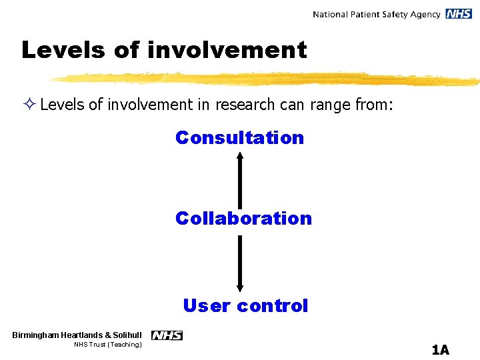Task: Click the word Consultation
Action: pyautogui.click(x=239, y=138)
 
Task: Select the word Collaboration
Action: pyautogui.click(x=243, y=219)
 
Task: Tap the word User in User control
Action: pyautogui.click(x=207, y=306)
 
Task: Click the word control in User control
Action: pyautogui.click(x=272, y=306)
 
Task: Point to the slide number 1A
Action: pyautogui.click(x=440, y=349)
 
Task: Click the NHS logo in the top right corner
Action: pyautogui.click(x=459, y=14)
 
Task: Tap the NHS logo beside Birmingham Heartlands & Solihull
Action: pyautogui.click(x=167, y=335)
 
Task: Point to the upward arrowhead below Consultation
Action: pyautogui.click(x=240, y=157)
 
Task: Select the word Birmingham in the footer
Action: pyautogui.click(x=35, y=335)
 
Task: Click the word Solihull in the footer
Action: pyautogui.click(x=127, y=335)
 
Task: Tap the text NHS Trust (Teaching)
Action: pyautogui.click(x=107, y=345)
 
